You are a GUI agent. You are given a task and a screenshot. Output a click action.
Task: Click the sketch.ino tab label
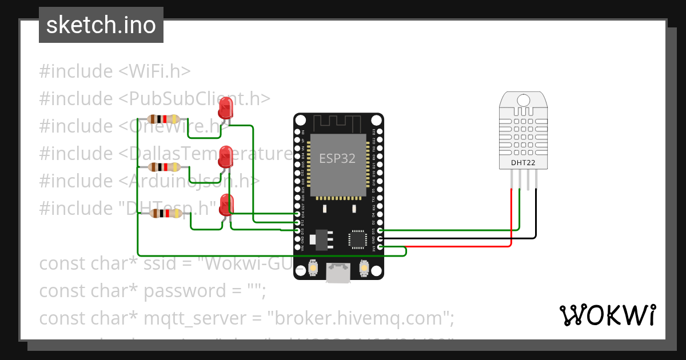point(101,26)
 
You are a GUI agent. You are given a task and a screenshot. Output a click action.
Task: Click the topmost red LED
point(226,107)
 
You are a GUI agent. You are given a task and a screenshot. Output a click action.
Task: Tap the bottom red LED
point(226,205)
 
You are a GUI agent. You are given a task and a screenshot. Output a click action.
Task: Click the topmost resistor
point(163,119)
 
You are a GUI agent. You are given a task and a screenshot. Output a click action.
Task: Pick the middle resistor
point(164,167)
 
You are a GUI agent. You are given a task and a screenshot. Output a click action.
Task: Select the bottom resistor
point(165,213)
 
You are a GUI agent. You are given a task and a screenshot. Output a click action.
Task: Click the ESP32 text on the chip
point(337,159)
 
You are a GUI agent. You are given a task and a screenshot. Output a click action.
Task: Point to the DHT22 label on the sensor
point(523,163)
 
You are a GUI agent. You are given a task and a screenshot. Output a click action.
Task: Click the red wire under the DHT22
point(511,217)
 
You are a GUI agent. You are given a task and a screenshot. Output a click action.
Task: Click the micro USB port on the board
point(338,273)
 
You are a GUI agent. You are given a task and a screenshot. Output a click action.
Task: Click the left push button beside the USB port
point(313,267)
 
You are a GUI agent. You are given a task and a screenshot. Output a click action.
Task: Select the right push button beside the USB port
point(363,267)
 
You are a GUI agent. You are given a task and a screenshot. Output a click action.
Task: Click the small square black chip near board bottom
point(358,239)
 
